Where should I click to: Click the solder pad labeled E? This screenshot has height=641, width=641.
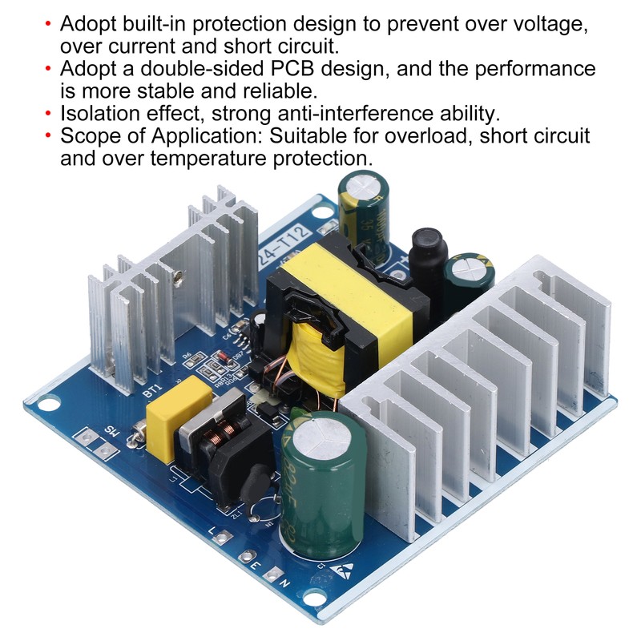[256, 558]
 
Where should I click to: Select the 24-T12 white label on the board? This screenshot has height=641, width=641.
[280, 242]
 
